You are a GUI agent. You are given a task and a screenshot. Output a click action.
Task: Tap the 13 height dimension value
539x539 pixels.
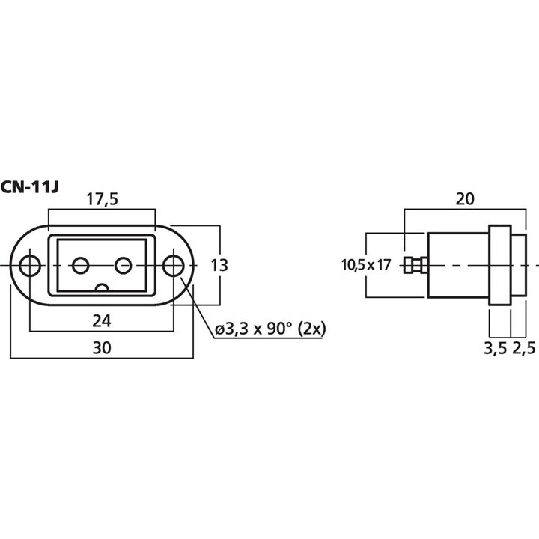pyautogui.click(x=219, y=265)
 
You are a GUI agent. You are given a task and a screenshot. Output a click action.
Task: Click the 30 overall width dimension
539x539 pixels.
pyautogui.click(x=102, y=347)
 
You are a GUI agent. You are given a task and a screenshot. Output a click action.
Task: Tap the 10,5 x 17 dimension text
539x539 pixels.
pyautogui.click(x=367, y=264)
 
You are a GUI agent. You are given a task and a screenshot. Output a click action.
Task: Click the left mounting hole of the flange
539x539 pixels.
pyautogui.click(x=30, y=265)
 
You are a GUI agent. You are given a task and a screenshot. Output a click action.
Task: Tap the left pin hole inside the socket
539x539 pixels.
pyautogui.click(x=80, y=265)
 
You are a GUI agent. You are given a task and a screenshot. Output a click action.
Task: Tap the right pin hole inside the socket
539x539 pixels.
pyautogui.click(x=124, y=265)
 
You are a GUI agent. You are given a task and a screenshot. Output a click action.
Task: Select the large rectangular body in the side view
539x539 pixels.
pyautogui.click(x=457, y=265)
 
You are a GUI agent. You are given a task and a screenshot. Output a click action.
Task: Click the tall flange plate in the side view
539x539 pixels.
pyautogui.click(x=499, y=265)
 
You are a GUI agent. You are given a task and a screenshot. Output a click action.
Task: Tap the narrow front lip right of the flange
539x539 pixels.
pyautogui.click(x=519, y=265)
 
